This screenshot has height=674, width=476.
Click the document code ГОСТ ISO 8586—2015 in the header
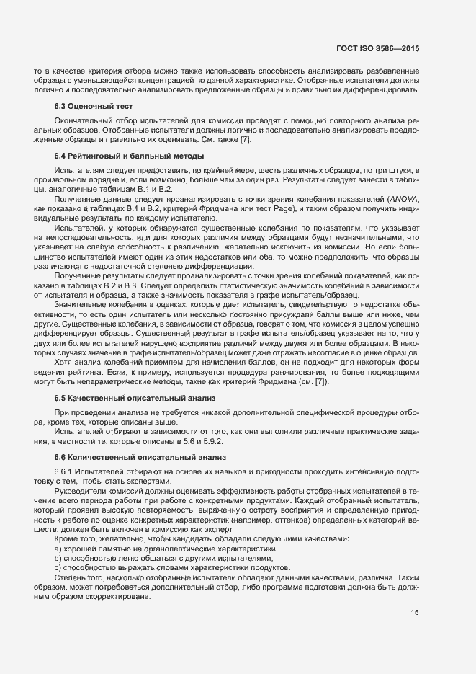point(378,49)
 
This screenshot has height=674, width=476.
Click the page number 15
point(415,613)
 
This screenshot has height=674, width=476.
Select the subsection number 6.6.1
point(65,471)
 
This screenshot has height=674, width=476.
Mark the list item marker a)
point(58,549)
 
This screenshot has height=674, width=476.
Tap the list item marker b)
point(58,559)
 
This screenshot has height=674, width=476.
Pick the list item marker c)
point(58,568)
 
